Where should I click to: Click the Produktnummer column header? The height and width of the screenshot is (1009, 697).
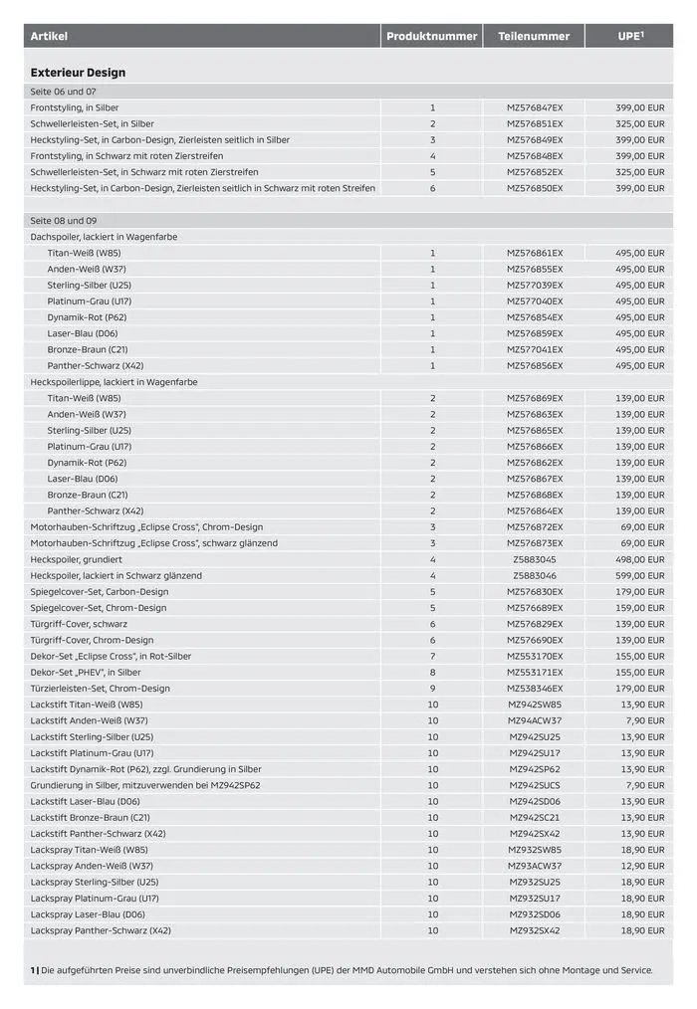(x=432, y=37)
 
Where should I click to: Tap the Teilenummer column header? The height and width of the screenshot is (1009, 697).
(x=534, y=37)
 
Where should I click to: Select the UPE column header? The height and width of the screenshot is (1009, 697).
(x=629, y=37)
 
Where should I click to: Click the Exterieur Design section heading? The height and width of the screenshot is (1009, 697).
(x=78, y=73)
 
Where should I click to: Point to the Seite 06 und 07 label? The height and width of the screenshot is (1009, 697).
(x=63, y=91)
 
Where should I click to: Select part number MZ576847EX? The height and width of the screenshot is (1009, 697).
(x=535, y=107)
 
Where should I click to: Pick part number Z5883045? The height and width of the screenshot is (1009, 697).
(x=535, y=560)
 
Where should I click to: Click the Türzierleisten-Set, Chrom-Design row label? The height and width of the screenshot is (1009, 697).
(x=100, y=689)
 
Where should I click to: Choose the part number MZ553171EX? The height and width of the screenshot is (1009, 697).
(x=535, y=673)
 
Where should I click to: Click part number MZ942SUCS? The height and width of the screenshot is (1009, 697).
(x=535, y=785)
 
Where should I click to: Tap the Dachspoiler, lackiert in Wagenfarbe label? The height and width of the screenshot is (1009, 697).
(x=104, y=237)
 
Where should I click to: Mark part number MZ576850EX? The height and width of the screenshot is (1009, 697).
(x=535, y=188)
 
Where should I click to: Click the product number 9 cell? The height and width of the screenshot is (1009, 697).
(x=432, y=689)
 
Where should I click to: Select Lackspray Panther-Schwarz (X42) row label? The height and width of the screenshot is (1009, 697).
(x=101, y=930)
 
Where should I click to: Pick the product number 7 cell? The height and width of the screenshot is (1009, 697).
(x=432, y=657)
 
